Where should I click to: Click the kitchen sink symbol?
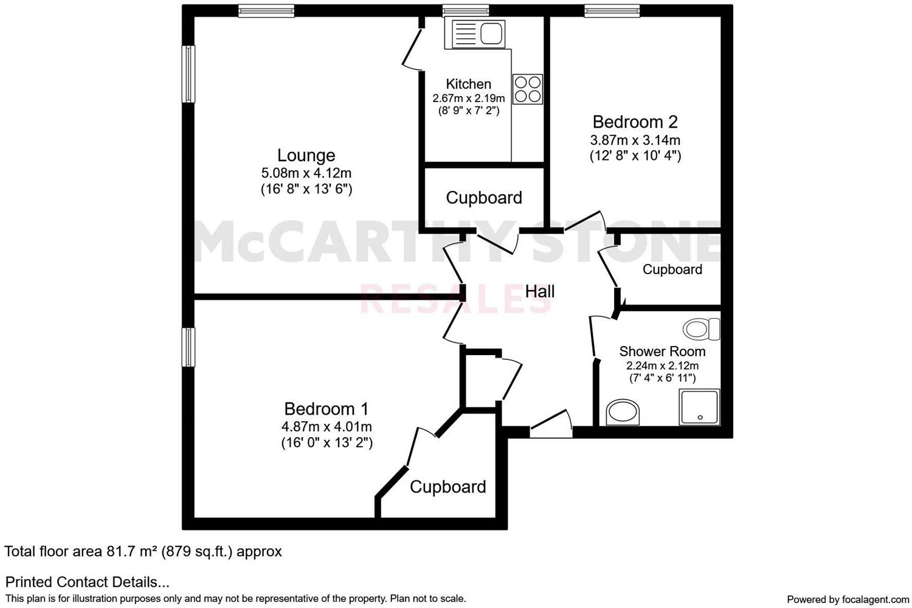click(475, 33)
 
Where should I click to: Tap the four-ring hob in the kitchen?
click(527, 89)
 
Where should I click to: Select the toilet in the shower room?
click(701, 330)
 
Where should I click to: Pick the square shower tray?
click(699, 407)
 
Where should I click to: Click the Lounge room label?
click(306, 156)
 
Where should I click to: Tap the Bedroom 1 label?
click(326, 409)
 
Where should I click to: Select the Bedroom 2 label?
click(635, 122)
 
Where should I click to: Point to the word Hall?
click(540, 292)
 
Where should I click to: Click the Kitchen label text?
click(468, 84)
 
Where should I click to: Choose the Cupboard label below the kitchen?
click(484, 198)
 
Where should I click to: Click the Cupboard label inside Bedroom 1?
click(447, 486)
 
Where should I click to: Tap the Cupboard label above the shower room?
click(672, 269)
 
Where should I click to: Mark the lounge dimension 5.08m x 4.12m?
click(306, 173)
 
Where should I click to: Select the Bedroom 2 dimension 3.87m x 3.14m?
click(635, 140)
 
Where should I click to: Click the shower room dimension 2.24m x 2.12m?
click(662, 365)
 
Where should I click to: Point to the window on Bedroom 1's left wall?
click(189, 347)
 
